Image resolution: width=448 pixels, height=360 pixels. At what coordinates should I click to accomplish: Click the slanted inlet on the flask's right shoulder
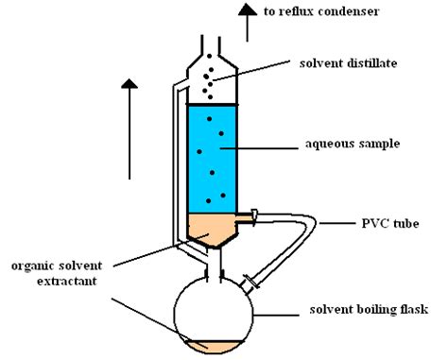tap(250, 281)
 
